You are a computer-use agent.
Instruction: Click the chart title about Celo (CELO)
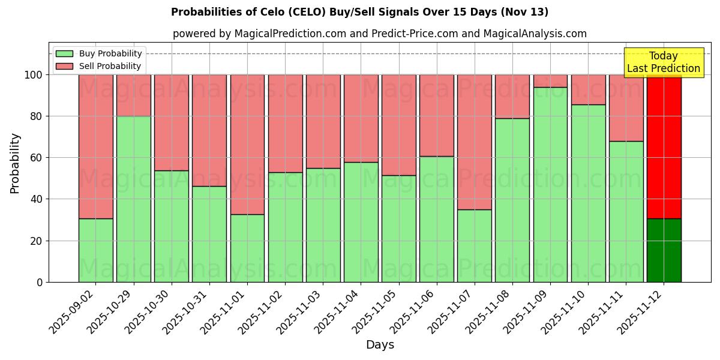point(359,12)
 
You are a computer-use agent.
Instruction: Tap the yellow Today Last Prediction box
point(663,62)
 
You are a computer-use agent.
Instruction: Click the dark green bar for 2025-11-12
point(664,250)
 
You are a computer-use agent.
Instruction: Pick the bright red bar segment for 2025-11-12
point(664,146)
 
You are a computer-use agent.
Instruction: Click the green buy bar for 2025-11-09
point(550,185)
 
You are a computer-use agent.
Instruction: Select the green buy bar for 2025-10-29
point(133,199)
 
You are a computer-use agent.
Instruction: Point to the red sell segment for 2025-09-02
point(95,146)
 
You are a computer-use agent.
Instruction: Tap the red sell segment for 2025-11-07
point(474,142)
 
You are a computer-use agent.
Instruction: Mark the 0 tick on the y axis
point(40,282)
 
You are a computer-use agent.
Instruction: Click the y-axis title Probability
point(15,163)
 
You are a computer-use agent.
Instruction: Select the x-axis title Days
point(380,345)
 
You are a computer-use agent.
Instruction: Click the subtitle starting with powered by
point(379,34)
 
